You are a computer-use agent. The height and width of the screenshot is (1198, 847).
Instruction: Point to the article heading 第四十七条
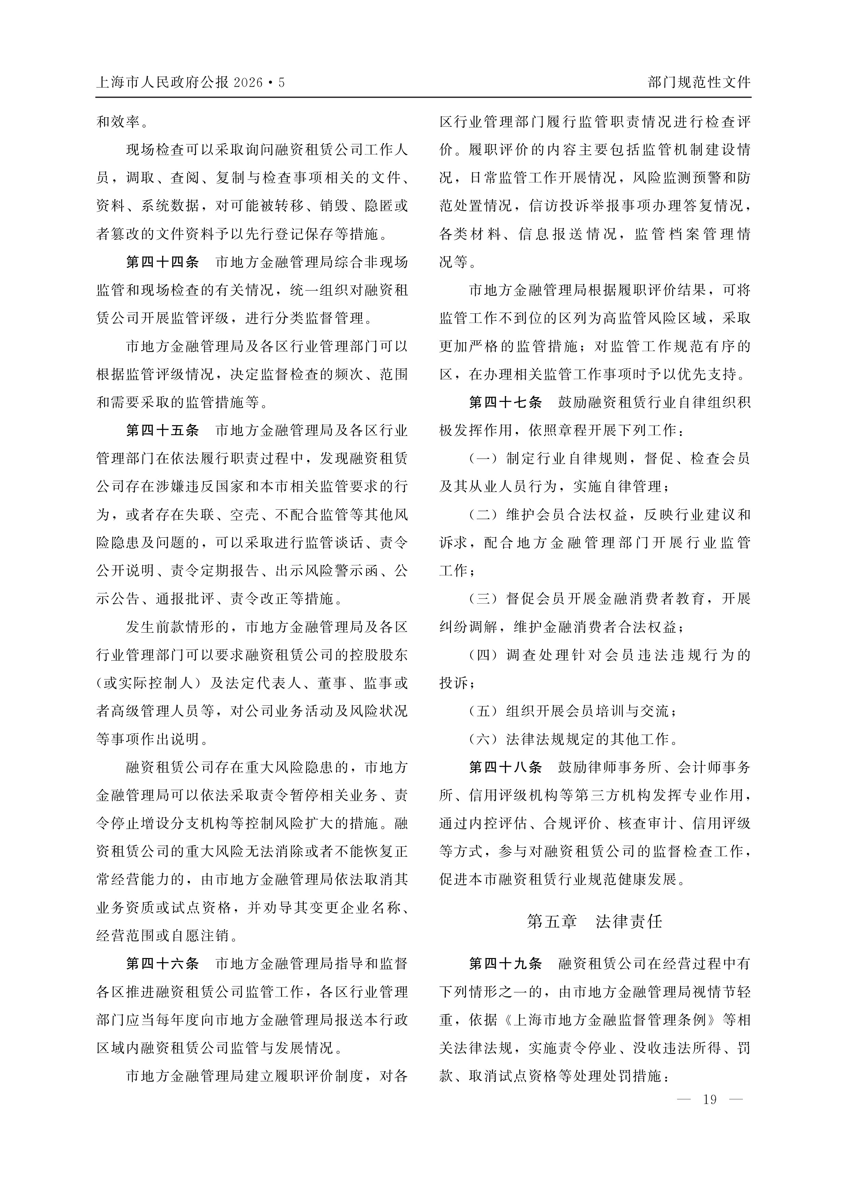(505, 402)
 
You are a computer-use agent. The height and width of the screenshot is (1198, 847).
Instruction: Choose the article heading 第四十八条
(505, 767)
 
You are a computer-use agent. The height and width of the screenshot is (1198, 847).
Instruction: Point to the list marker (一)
(483, 459)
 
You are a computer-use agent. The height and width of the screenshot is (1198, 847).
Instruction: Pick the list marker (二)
(483, 515)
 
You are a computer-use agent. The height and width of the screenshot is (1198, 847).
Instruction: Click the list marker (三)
(483, 598)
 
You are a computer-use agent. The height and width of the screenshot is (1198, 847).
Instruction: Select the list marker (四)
(483, 655)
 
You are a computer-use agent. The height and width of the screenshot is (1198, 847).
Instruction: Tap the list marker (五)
(483, 711)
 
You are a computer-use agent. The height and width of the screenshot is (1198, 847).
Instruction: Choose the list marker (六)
(483, 739)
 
